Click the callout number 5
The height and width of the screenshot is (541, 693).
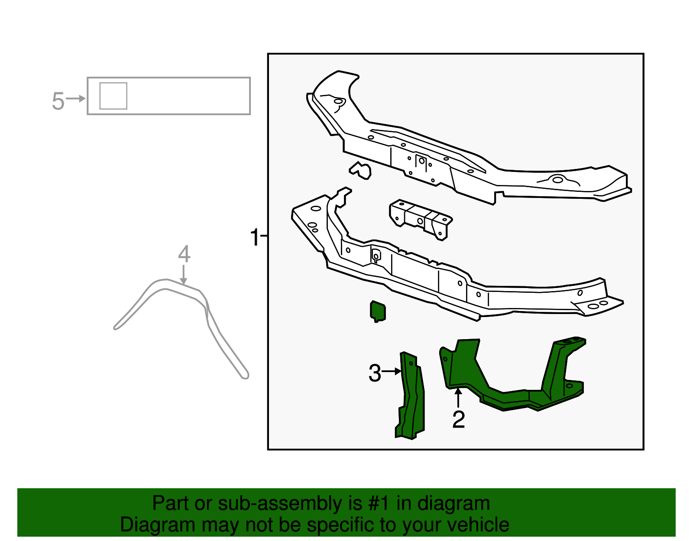pos(58,101)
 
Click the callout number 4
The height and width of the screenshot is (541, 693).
pos(184,254)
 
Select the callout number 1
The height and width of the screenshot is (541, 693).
pos(255,238)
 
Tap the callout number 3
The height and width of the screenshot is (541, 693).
pos(375,373)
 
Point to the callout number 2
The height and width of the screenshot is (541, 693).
pos(458,419)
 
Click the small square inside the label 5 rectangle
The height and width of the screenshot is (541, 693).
pos(113,96)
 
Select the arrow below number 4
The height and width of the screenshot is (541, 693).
pos(184,275)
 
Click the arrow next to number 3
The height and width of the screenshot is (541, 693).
pos(392,371)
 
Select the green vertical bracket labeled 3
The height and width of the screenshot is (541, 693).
pos(411,396)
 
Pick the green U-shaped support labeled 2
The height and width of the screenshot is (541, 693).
pos(511,381)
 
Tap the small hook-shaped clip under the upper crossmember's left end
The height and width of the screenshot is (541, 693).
pos(361,170)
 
